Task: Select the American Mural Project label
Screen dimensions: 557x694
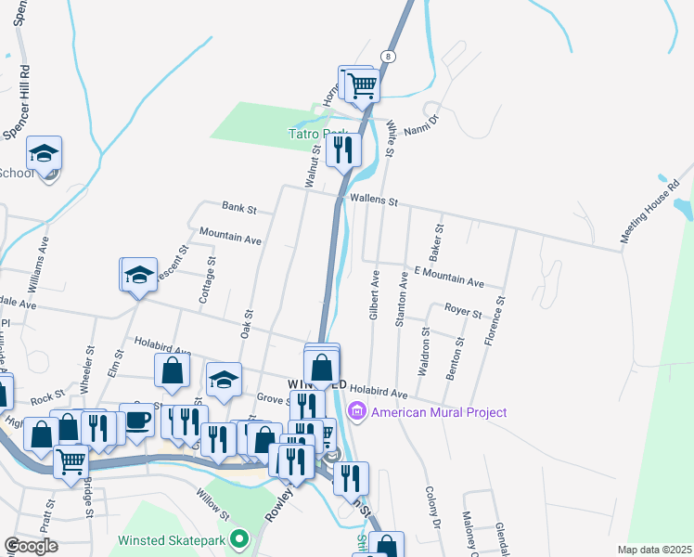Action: [x=439, y=412]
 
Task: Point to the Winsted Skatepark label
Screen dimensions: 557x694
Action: [x=173, y=539]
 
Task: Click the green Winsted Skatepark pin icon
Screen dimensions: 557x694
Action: [x=240, y=538]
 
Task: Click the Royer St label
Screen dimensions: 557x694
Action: [x=462, y=312]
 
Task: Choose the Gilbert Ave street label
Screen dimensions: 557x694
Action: [x=374, y=295]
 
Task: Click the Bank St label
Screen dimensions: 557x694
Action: [x=238, y=206]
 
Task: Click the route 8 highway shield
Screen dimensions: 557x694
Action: [x=389, y=57]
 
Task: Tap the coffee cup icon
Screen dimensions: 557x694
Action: [x=137, y=420]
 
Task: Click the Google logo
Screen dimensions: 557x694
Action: [x=31, y=546]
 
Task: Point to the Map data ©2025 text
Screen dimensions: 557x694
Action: [x=653, y=550]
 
